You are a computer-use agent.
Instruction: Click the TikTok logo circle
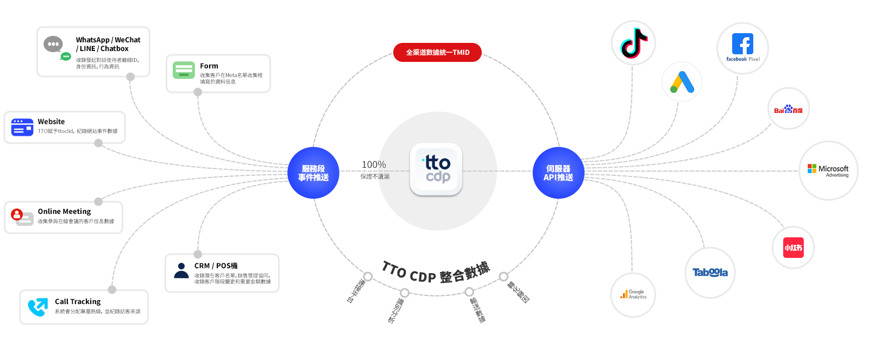click(633, 43)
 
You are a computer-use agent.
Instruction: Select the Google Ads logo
click(682, 82)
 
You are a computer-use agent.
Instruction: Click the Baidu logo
click(788, 109)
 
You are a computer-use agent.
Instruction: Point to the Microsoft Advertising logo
click(828, 170)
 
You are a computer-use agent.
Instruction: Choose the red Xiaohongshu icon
click(794, 248)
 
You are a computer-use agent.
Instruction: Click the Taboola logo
click(710, 272)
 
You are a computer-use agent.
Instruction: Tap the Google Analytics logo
click(633, 294)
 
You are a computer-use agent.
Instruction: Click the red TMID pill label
click(437, 52)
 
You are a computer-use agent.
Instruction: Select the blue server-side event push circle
click(313, 173)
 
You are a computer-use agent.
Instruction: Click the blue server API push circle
click(558, 173)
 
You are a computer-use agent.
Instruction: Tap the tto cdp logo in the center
click(436, 169)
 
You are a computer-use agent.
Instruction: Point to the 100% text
click(374, 165)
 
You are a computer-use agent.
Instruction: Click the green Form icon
click(184, 70)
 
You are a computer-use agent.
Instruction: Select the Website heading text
click(51, 122)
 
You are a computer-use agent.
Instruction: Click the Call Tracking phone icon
click(37, 307)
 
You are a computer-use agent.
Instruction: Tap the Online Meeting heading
click(64, 211)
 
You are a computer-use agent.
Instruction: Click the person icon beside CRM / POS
click(181, 270)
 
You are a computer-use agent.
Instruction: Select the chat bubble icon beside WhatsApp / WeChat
click(56, 47)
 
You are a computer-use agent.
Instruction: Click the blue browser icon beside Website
click(22, 127)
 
